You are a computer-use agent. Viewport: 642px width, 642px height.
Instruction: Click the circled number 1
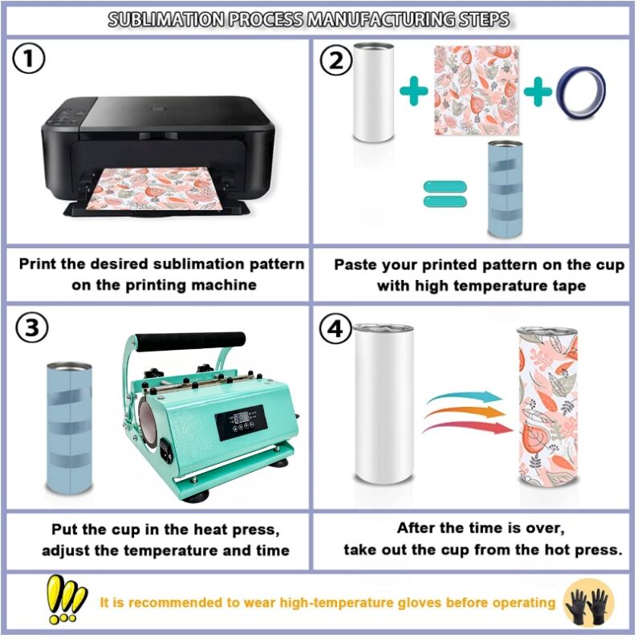coord(30,60)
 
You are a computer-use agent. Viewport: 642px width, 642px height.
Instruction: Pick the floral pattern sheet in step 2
coord(476,90)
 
